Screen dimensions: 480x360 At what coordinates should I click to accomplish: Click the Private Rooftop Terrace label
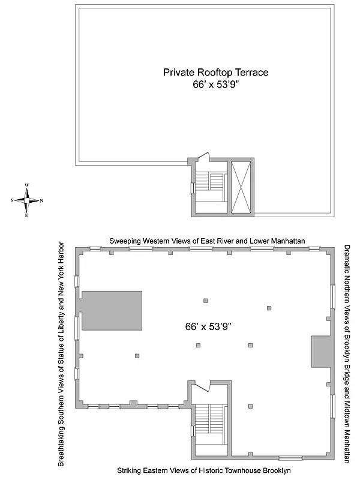click(x=215, y=72)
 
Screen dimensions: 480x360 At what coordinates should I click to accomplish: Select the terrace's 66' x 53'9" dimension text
click(x=215, y=85)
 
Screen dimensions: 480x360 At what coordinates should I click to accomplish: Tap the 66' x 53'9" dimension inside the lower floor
click(x=208, y=326)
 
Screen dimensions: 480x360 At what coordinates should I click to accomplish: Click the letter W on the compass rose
click(x=27, y=185)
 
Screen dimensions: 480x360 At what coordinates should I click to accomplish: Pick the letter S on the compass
click(x=13, y=200)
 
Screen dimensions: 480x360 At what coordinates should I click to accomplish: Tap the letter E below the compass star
click(x=27, y=215)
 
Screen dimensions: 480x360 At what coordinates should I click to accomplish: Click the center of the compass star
click(x=27, y=200)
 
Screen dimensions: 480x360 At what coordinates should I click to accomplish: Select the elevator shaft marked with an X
click(x=242, y=187)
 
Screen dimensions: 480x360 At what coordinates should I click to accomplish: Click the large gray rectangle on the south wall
click(x=112, y=310)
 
